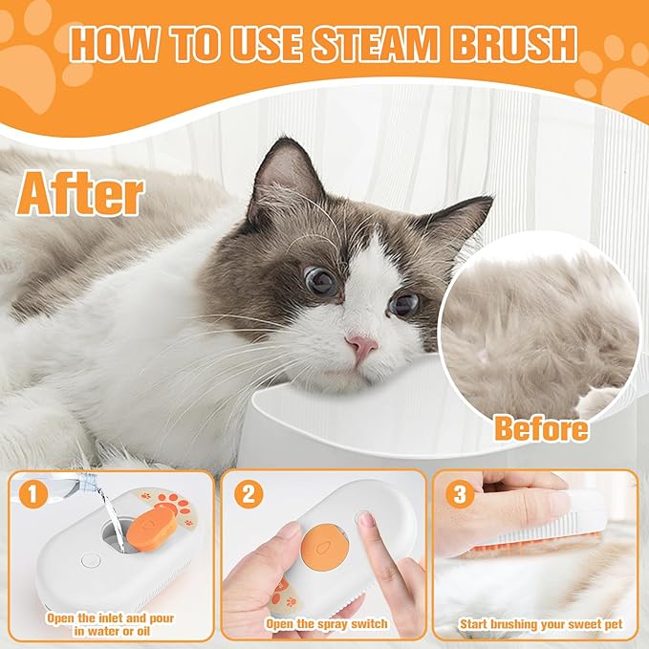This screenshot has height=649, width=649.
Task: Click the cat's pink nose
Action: (x=361, y=346)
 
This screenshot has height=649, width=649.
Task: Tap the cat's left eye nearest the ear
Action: (x=320, y=280)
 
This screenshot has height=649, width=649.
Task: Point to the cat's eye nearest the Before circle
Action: (x=404, y=304)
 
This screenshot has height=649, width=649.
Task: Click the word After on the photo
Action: (x=80, y=194)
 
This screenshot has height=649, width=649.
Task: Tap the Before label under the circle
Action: (x=540, y=428)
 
